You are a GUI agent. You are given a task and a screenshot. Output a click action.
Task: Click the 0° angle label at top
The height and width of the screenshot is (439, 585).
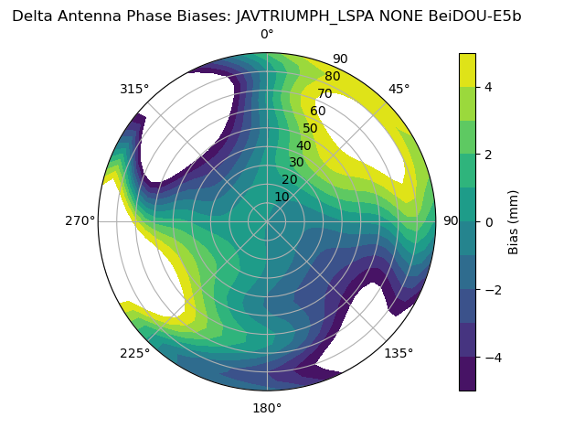pos(267,35)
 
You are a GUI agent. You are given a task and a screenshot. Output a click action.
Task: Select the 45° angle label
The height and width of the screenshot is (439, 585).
pos(399,89)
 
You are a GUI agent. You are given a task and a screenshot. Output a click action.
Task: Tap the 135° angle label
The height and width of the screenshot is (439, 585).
pos(399,353)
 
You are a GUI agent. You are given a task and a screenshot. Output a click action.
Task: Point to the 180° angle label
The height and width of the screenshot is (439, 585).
pos(267,408)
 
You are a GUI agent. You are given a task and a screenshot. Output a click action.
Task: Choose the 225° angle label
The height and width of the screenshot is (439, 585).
pos(134,353)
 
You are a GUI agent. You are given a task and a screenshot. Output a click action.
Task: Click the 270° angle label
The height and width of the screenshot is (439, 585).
pos(80,221)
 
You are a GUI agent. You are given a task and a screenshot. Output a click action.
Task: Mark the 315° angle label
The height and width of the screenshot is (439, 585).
pos(134,89)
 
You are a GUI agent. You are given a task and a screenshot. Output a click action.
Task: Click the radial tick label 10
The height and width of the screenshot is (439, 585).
pos(282,197)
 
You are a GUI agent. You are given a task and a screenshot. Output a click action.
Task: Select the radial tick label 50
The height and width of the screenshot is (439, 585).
pos(311,129)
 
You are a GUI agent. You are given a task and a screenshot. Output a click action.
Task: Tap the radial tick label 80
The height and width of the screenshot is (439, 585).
pos(332,77)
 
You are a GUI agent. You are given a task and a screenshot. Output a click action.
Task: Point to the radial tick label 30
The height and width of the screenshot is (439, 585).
pos(296,163)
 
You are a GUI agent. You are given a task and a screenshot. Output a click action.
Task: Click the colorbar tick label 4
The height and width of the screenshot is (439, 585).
pos(489,87)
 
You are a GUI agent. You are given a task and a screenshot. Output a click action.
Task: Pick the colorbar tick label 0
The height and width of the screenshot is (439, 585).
pos(489,222)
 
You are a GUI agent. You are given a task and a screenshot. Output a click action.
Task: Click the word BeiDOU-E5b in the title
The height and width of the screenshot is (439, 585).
pos(475,16)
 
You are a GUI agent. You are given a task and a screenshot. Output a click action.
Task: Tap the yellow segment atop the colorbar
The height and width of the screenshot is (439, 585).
pos(467,70)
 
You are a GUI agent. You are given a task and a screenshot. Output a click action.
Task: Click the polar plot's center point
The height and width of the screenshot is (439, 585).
pos(267,221)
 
